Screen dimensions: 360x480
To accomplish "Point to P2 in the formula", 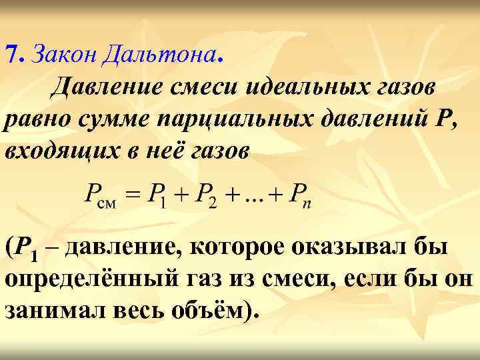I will tap(204, 197).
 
